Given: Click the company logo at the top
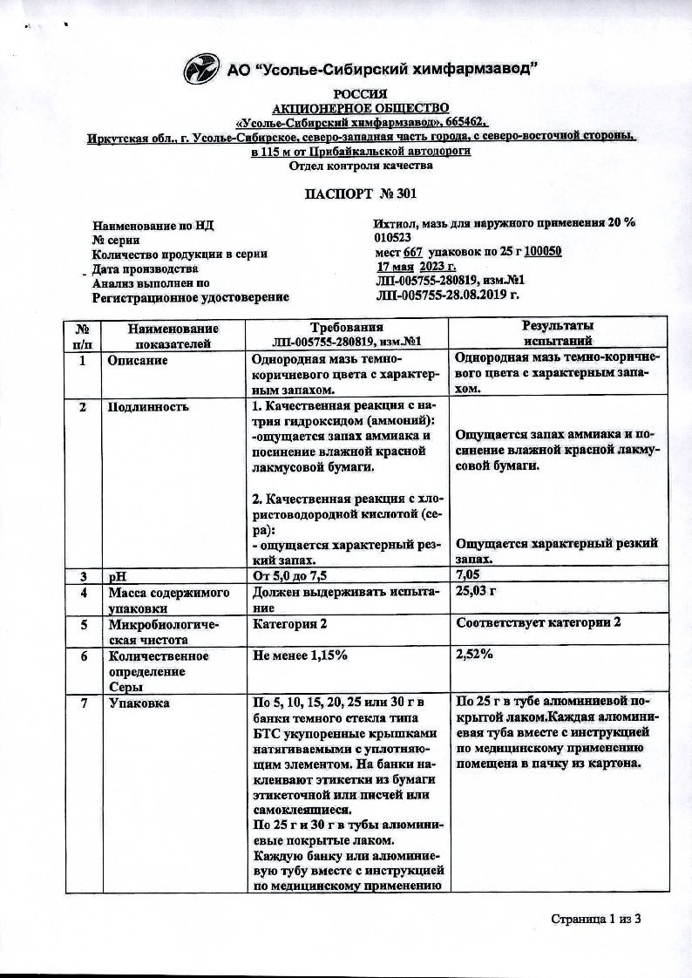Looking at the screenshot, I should pyautogui.click(x=202, y=68).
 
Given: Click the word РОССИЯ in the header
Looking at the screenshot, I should pyautogui.click(x=360, y=93).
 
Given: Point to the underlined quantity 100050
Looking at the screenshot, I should pyautogui.click(x=541, y=253).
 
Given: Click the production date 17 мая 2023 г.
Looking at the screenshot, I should pyautogui.click(x=417, y=268).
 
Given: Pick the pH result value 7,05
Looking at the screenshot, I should pyautogui.click(x=472, y=575).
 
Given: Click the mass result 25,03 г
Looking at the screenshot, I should pyautogui.click(x=476, y=593).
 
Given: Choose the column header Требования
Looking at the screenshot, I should pyautogui.click(x=346, y=326).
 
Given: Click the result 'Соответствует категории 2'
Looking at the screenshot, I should pyautogui.click(x=536, y=623).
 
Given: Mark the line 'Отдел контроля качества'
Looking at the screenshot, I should pyautogui.click(x=361, y=165).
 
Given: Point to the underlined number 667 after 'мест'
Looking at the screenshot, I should pyautogui.click(x=413, y=253).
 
